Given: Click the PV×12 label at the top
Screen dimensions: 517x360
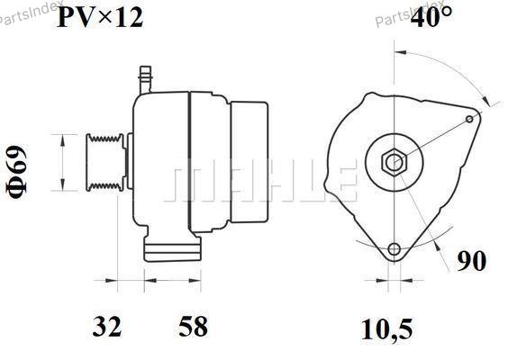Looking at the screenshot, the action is point(100,17).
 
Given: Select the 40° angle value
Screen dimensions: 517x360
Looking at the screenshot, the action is point(431,16).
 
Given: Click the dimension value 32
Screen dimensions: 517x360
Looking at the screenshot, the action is point(107,326).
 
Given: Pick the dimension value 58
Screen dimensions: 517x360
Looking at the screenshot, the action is point(194,326).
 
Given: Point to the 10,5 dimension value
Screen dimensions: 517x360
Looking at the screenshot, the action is point(386,329).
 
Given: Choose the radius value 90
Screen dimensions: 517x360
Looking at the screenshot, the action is point(471,260).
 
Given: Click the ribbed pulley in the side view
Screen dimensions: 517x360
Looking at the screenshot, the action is point(105,162).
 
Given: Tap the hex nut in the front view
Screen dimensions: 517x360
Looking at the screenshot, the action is point(395,162).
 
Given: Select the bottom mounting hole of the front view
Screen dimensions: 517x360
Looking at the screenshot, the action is point(394,249).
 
